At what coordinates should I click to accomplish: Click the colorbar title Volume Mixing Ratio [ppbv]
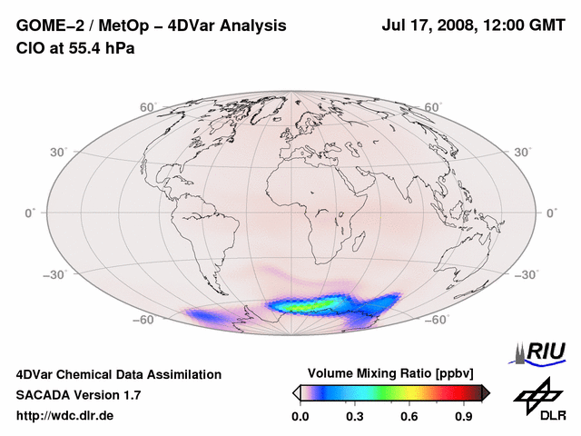[391, 373]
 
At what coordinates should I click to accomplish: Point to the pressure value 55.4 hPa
[98, 48]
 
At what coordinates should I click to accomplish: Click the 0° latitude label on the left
[29, 213]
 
